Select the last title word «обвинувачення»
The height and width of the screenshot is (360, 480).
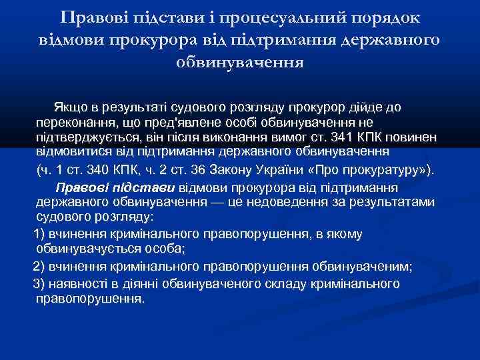point(240,63)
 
